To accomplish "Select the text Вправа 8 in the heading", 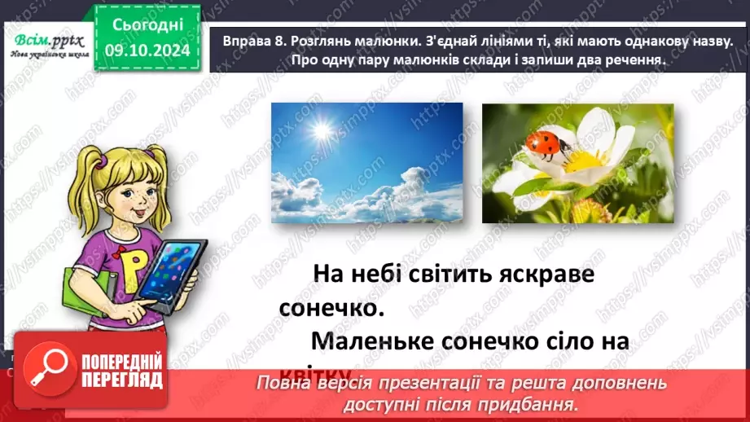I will [242, 41].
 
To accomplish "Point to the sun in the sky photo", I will [320, 129].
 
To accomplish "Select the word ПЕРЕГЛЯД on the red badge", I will [123, 380].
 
